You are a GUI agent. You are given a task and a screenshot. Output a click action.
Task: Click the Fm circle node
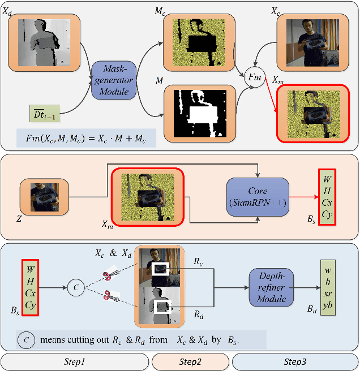tap(254, 76)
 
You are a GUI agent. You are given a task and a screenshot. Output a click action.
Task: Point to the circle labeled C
tap(76, 287)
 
